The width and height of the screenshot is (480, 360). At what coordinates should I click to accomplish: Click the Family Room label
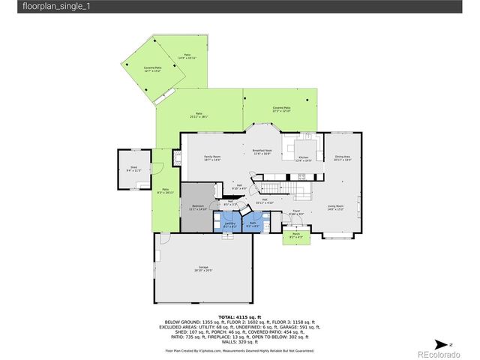pyautogui.click(x=213, y=157)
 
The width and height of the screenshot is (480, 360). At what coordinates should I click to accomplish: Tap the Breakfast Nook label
pyautogui.click(x=262, y=152)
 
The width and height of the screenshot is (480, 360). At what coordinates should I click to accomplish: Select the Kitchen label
pyautogui.click(x=303, y=159)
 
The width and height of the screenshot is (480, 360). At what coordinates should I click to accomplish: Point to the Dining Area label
pyautogui.click(x=342, y=158)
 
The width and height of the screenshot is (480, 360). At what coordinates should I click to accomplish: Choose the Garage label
pyautogui.click(x=202, y=268)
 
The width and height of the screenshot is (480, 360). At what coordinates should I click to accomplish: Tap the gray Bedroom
pyautogui.click(x=197, y=207)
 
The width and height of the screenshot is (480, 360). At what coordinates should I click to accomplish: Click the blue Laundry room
pyautogui.click(x=230, y=224)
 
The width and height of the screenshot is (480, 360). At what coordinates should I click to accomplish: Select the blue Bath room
pyautogui.click(x=253, y=224)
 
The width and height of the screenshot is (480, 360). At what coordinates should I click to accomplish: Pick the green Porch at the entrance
pyautogui.click(x=295, y=236)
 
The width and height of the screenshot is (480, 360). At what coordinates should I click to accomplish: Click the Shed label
pyautogui.click(x=133, y=169)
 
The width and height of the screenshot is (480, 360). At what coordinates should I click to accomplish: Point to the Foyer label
pyautogui.click(x=296, y=212)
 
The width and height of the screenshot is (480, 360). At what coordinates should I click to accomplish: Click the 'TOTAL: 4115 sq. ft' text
pyautogui.click(x=239, y=317)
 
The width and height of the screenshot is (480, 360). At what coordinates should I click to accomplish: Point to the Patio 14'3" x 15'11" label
pyautogui.click(x=187, y=57)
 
